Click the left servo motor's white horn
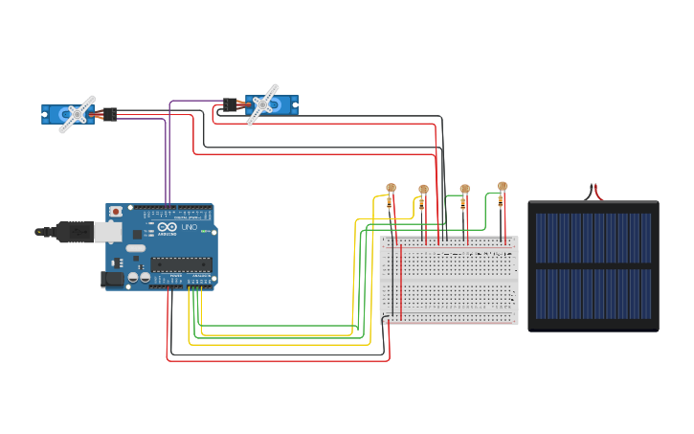[77, 114]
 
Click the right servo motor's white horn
[261, 103]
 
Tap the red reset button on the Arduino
[117, 211]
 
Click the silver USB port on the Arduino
[107, 232]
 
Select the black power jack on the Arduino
[113, 279]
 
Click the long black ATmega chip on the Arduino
[180, 264]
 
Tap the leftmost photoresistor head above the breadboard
[390, 188]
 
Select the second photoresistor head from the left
[423, 190]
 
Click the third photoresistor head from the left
[465, 190]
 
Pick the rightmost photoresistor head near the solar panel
[503, 186]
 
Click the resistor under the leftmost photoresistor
[389, 203]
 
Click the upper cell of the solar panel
[593, 238]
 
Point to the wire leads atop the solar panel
[594, 192]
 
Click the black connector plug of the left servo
[110, 114]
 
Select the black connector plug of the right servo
[231, 104]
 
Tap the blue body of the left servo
[53, 115]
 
